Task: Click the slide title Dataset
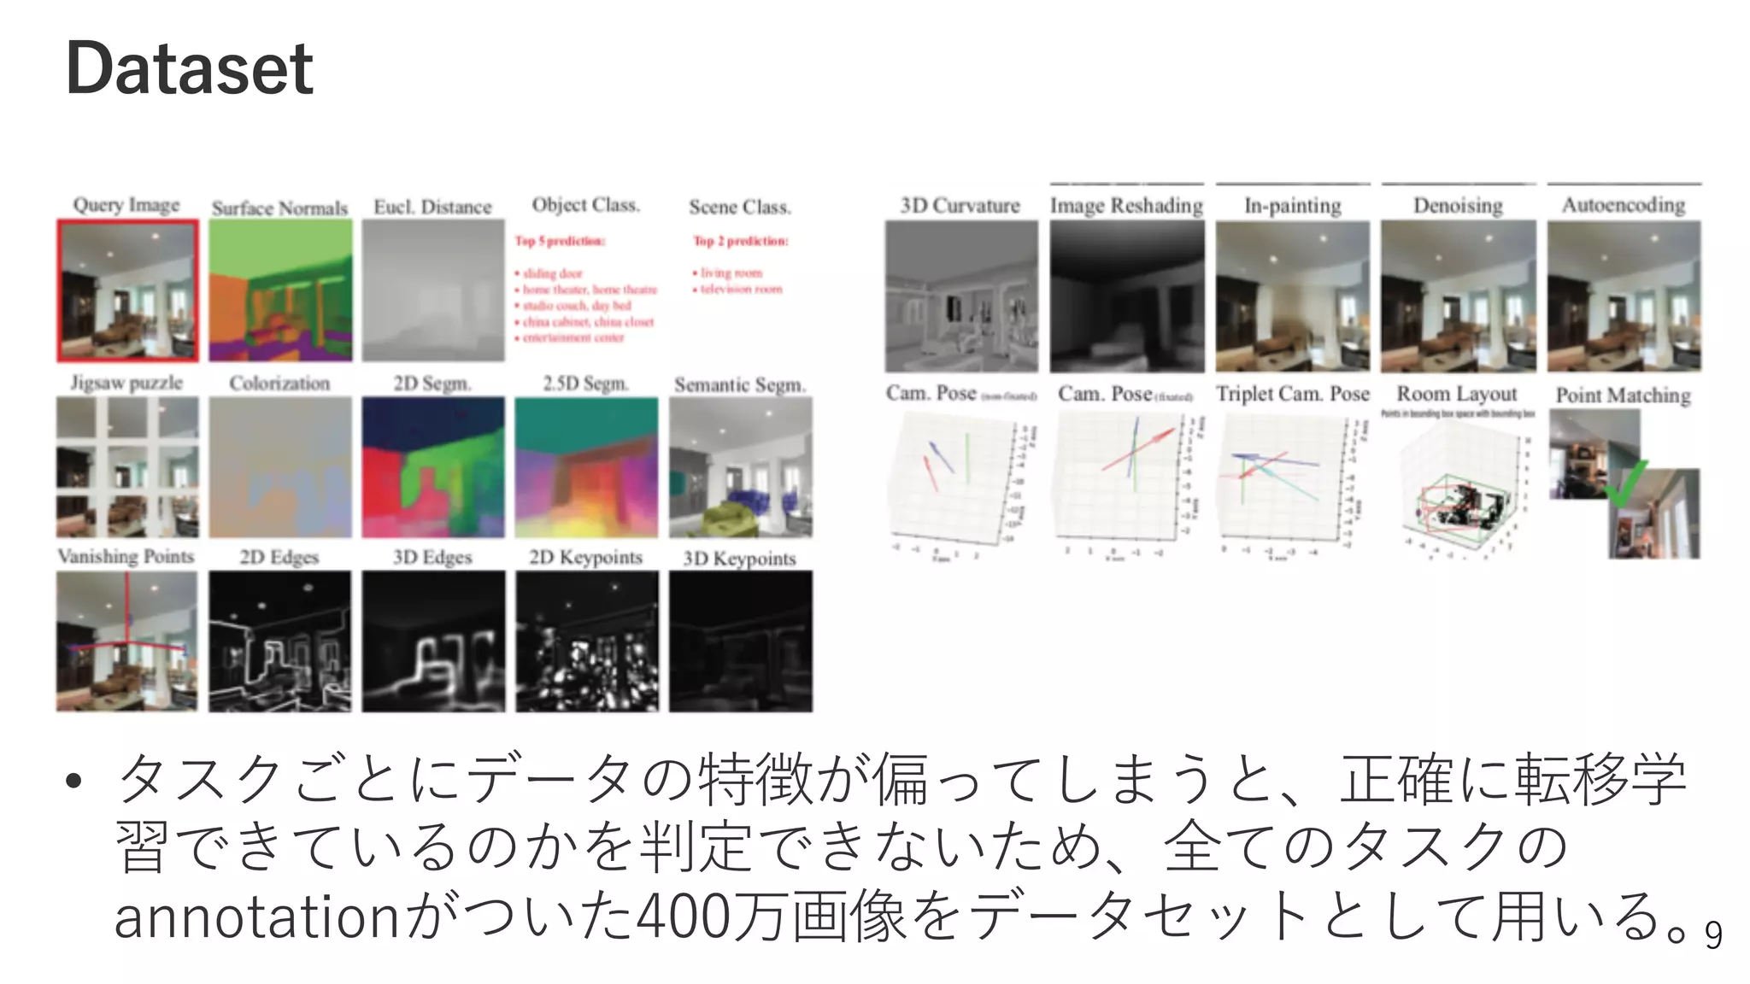[189, 68]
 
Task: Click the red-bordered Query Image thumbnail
[127, 291]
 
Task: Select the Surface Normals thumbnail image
[280, 290]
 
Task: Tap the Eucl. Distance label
[432, 207]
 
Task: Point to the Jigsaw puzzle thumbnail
[127, 466]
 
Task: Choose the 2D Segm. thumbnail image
[432, 467]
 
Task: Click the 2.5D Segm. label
[585, 384]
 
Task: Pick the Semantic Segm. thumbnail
[740, 467]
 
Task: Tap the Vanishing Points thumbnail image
[126, 641]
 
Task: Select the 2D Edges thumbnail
[280, 641]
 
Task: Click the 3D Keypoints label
[739, 559]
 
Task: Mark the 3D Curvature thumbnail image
[961, 296]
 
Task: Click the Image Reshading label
[1126, 206]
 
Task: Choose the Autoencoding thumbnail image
[1624, 296]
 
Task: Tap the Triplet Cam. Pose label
[1292, 394]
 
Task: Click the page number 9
[1712, 936]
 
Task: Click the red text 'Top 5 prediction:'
[560, 241]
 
